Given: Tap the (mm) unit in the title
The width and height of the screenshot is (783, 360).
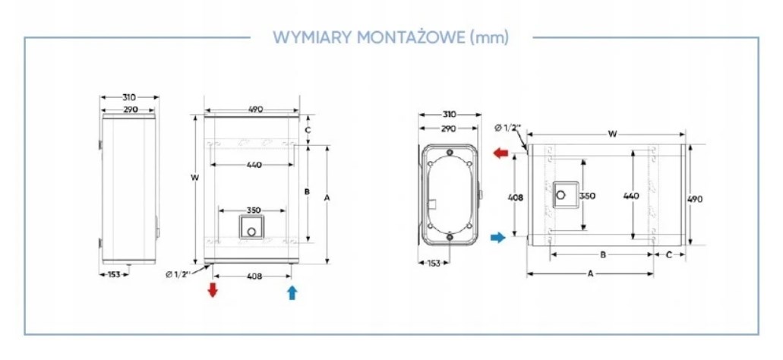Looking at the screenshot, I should tap(489, 36).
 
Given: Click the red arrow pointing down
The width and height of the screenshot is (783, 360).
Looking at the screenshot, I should tap(213, 290).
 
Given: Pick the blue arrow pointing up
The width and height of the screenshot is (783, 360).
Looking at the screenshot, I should tap(292, 292).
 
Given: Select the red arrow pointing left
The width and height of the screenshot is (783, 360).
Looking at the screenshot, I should tap(500, 153).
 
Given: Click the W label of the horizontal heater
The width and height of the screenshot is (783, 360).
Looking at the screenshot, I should tap(612, 134).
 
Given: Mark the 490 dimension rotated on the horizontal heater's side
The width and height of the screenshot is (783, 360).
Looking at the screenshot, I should tap(695, 198).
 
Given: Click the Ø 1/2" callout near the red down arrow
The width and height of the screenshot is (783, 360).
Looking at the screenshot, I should tap(180, 273).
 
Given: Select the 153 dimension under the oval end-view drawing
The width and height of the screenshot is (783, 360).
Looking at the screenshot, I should tap(431, 263).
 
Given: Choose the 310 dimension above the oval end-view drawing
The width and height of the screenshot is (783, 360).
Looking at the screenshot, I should tap(448, 115).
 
